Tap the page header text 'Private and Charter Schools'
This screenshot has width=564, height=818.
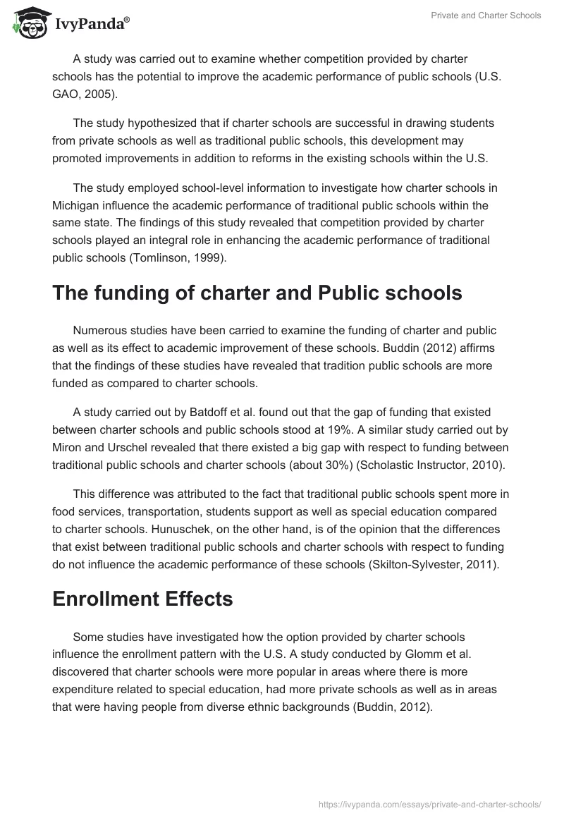(x=486, y=16)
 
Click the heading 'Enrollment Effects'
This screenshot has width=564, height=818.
(x=142, y=599)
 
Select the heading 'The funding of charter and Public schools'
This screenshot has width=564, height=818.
(x=257, y=293)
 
